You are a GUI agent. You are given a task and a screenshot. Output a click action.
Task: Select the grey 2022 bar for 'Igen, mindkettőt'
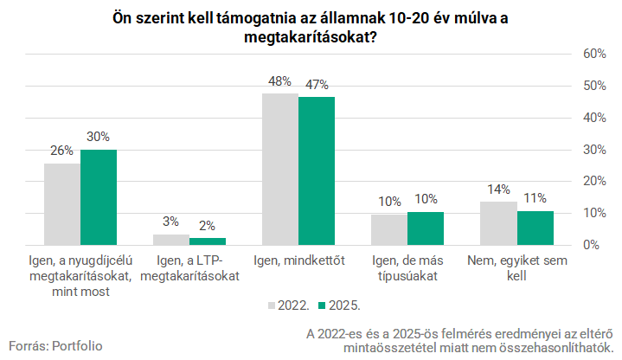tap(280, 169)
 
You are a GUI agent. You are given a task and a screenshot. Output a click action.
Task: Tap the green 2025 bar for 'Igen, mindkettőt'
tap(317, 170)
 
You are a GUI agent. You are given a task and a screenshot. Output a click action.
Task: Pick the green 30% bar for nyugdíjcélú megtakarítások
tap(99, 197)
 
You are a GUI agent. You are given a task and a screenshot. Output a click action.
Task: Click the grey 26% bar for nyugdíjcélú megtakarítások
tap(62, 203)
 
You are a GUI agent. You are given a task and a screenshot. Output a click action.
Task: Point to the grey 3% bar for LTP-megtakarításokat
tap(171, 240)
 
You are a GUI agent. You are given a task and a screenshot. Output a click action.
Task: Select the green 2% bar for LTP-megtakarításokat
tap(208, 241)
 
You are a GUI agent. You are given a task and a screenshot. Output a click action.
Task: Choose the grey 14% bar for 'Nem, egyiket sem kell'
tap(498, 223)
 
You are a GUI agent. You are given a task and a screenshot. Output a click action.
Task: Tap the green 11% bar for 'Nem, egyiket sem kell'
tap(535, 228)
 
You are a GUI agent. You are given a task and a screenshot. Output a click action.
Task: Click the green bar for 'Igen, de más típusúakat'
tap(426, 228)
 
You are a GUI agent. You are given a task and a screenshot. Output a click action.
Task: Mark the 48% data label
tap(279, 82)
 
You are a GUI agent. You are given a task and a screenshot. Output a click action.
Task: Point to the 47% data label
tap(317, 85)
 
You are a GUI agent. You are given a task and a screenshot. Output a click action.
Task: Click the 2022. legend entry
tap(289, 305)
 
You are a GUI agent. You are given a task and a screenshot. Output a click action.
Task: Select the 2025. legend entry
tap(338, 305)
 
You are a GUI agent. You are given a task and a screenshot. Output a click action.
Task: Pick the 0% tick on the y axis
tap(592, 245)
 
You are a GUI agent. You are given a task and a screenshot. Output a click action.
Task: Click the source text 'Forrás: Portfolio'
tap(55, 345)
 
